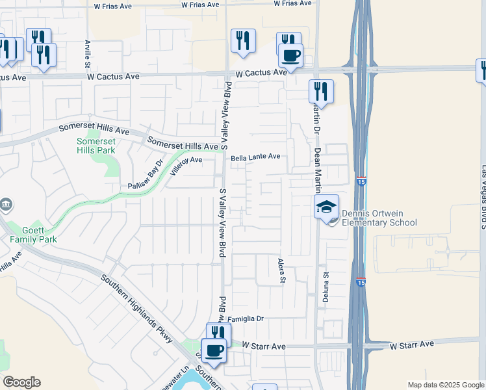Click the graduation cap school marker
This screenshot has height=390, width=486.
(327, 207)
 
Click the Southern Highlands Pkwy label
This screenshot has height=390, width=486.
(137, 309)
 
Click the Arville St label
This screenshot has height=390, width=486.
(87, 54)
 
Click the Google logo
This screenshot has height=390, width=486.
(21, 382)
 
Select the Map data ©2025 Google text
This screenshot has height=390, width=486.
(446, 385)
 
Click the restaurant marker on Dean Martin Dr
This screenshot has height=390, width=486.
(321, 91)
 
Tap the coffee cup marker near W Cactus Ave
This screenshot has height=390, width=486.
(290, 55)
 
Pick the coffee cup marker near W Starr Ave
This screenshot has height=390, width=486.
(213, 351)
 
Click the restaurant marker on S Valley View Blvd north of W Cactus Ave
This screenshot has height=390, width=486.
(243, 40)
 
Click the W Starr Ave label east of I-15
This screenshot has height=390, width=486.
(412, 344)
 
